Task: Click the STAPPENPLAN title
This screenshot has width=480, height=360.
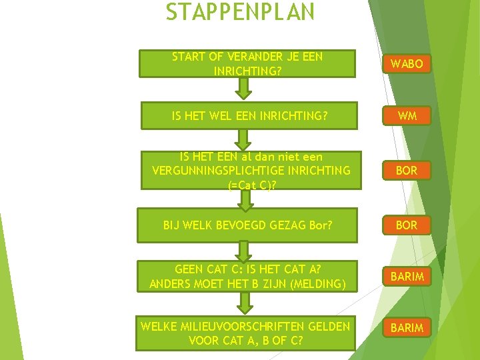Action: (239, 12)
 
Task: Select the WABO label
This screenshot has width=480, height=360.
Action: (407, 64)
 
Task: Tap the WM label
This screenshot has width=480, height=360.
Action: (407, 115)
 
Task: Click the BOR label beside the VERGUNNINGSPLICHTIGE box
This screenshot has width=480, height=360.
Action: (407, 170)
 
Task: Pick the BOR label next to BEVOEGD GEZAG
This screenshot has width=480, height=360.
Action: (407, 225)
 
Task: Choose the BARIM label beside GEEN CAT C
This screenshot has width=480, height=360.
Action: (407, 276)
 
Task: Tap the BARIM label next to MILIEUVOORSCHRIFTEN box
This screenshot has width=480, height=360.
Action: (407, 327)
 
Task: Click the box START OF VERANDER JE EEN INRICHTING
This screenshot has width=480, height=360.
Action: (247, 63)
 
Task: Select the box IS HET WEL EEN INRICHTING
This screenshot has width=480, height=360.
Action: (249, 115)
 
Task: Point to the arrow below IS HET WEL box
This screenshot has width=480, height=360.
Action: (245, 139)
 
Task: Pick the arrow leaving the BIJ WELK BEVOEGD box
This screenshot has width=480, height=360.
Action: (245, 250)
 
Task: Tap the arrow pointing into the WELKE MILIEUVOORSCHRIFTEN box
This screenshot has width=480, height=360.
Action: (245, 301)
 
